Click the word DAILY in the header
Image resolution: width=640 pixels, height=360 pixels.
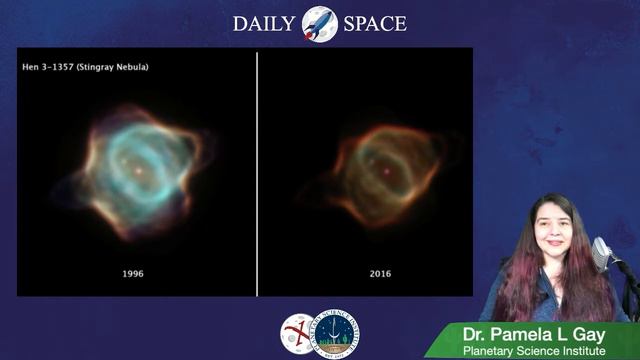point(264,23)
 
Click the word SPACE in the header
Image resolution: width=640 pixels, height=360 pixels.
point(374,23)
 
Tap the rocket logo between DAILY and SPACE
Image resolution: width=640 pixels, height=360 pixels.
point(319,22)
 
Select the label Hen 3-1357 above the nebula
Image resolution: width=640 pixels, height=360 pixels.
point(48,67)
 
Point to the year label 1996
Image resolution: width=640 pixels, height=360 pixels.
point(133,273)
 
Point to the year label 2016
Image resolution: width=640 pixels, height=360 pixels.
point(379,273)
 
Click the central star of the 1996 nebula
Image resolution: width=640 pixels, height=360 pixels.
point(136,170)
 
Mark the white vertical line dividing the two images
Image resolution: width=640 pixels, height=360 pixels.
point(257,170)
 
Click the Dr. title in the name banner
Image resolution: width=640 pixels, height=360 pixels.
point(476,334)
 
